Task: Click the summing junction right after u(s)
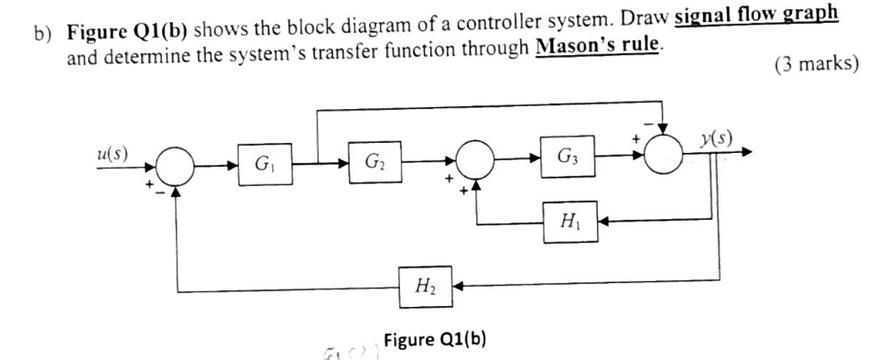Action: click(x=176, y=168)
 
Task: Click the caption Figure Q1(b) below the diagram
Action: click(x=435, y=338)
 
